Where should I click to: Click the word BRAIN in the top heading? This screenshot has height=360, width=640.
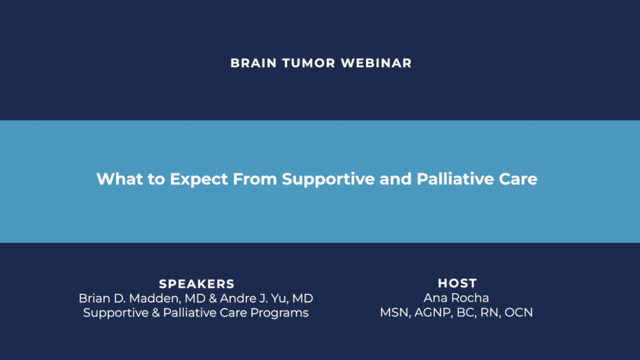coord(254,63)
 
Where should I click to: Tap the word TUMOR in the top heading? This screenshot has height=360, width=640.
coord(309,63)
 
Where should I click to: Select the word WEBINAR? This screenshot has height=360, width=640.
coord(377,63)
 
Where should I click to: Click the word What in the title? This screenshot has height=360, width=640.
coord(119,179)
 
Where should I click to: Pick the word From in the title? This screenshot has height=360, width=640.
coord(255,179)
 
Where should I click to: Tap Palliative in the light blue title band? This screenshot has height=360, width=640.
coord(455,179)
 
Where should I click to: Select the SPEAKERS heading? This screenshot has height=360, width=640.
coord(197,284)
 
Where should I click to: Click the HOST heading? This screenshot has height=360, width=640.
coord(458,283)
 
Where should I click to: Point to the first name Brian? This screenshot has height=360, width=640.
coord(94,299)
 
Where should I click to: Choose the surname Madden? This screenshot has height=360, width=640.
coord(155,299)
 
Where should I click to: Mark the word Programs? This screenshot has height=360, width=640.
coord(279,313)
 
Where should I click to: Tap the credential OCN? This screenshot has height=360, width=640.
coord(518,313)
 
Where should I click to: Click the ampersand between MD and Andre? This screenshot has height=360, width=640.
coord(213,299)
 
